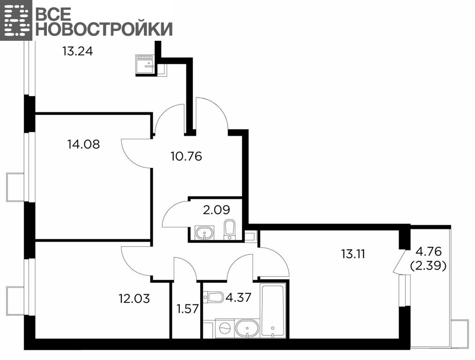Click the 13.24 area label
point(78,51)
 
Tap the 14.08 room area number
point(83,144)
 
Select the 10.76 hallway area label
point(186,157)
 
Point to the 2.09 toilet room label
point(216,210)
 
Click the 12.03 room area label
point(134,299)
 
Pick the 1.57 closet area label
point(187,309)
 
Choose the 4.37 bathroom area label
point(238,297)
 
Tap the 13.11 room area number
point(353,254)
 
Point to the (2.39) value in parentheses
point(428,266)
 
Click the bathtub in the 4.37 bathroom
point(273,310)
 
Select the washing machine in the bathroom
point(225,328)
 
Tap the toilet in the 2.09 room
point(229,230)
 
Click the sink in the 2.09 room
point(205,232)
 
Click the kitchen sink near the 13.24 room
point(145,64)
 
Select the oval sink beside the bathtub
point(247,328)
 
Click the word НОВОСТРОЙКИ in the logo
point(104,29)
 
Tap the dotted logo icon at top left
point(16,20)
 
